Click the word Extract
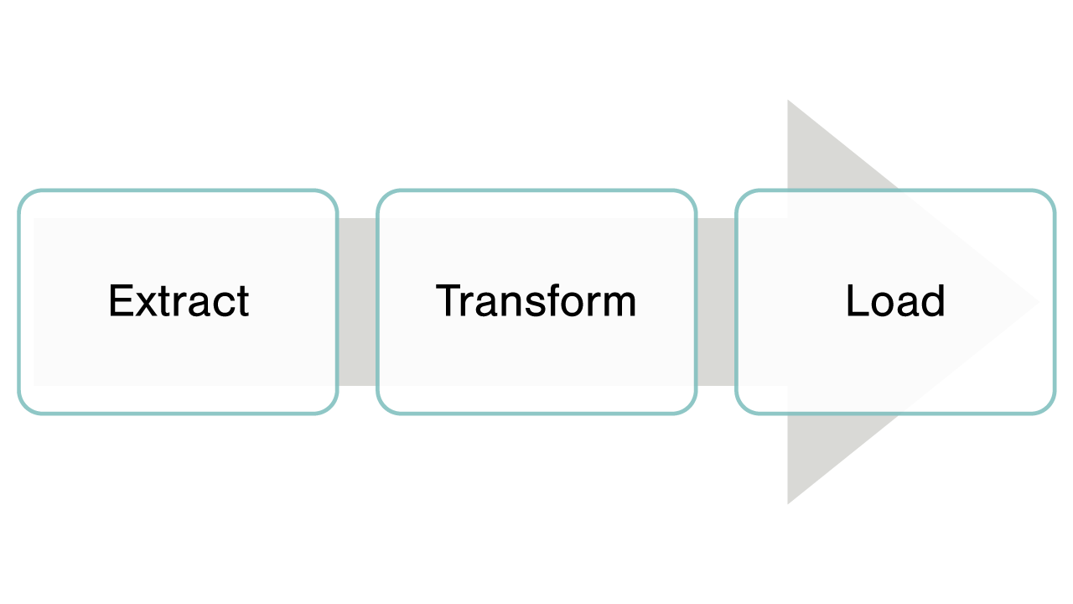click(x=179, y=301)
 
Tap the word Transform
click(x=536, y=301)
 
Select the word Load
click(x=895, y=301)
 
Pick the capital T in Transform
click(x=450, y=301)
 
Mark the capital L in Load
click(x=856, y=301)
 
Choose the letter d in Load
click(x=935, y=301)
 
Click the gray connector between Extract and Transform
click(x=357, y=302)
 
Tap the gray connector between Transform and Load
click(x=716, y=302)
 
